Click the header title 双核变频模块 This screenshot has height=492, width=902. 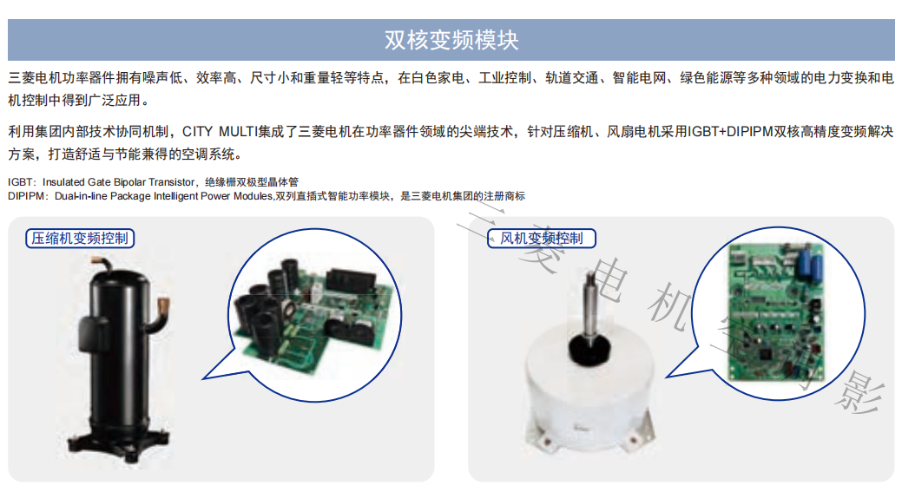(451, 40)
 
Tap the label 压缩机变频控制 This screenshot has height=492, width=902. (80, 238)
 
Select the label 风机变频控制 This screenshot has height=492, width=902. (542, 238)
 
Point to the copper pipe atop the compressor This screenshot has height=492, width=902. (102, 265)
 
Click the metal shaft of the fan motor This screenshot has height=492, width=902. (591, 304)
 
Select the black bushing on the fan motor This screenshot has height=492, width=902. (589, 348)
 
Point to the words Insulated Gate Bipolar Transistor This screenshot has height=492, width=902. (119, 182)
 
